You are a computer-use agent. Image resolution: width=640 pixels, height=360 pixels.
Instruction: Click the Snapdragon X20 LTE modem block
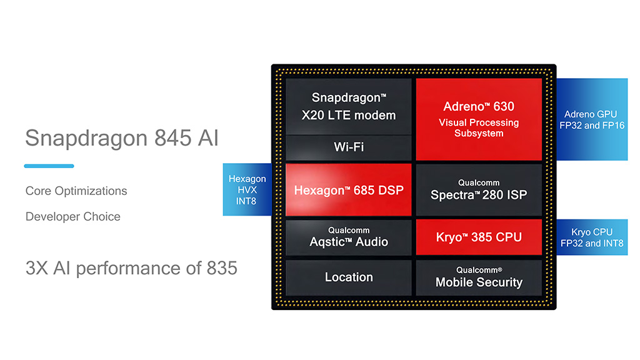[349, 106]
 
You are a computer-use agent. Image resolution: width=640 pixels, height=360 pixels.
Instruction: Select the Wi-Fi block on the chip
[349, 147]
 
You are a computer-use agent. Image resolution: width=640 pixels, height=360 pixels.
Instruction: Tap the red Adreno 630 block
[479, 119]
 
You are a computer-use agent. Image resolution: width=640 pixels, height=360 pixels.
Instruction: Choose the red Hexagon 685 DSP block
[349, 190]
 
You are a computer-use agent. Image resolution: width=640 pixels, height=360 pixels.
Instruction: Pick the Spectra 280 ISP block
[479, 190]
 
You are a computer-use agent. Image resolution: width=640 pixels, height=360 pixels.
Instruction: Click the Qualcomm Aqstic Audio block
[349, 237]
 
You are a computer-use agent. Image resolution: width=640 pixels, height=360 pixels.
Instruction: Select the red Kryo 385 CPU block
[479, 237]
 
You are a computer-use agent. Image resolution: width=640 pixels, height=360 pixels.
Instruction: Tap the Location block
[349, 277]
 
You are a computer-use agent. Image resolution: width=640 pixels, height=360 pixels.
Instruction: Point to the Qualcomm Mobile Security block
[479, 277]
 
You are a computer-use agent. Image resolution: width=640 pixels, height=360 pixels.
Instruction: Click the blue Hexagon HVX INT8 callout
[247, 189]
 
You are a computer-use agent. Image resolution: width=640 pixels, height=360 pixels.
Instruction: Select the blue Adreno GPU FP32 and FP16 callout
[591, 119]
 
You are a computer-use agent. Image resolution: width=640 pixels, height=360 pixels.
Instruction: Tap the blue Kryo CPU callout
[591, 238]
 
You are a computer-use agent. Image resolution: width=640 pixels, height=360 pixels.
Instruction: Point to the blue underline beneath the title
[49, 166]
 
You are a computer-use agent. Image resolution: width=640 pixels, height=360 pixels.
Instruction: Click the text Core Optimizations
[76, 191]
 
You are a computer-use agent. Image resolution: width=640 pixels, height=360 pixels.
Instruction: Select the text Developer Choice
[73, 217]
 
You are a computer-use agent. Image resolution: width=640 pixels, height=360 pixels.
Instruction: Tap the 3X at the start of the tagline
[36, 268]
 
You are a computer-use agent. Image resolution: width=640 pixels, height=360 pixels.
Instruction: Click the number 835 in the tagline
[221, 268]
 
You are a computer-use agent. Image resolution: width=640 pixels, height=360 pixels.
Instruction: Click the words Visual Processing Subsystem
[479, 127]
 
